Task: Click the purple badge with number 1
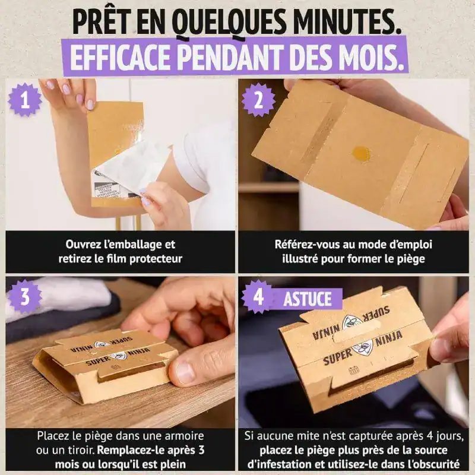(24, 99)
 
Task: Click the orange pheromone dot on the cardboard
(361, 153)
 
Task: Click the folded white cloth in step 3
(59, 297)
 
